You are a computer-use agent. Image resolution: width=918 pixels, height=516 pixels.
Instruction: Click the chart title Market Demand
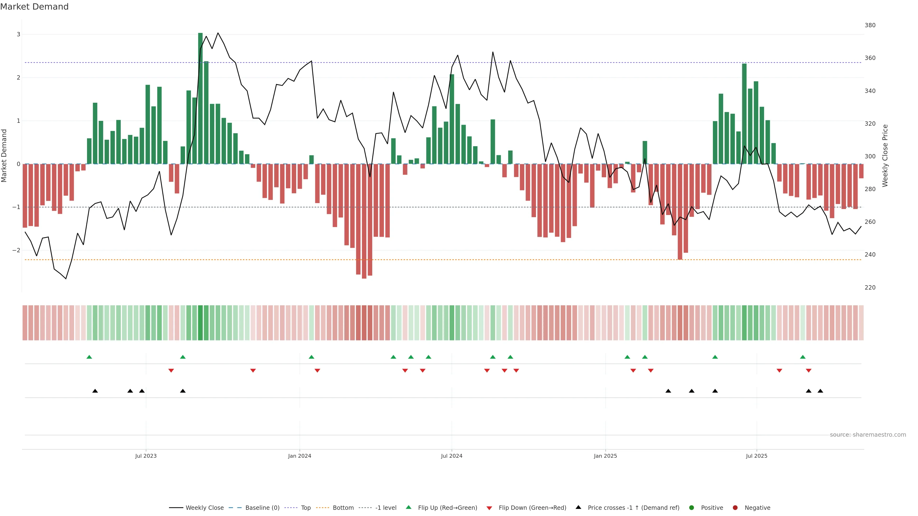click(x=34, y=7)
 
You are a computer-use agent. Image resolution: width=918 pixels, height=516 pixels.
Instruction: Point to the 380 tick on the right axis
click(x=870, y=25)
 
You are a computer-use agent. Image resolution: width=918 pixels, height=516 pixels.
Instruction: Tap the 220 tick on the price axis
click(x=870, y=287)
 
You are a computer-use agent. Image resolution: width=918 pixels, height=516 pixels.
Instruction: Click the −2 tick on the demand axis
click(x=16, y=250)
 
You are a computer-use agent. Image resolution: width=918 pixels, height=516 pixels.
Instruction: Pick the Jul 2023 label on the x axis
click(x=146, y=456)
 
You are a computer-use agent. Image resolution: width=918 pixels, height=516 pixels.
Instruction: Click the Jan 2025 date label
click(x=605, y=456)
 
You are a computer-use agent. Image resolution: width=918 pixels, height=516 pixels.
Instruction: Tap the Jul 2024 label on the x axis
click(x=452, y=456)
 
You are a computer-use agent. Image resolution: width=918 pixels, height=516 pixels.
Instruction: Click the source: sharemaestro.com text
click(x=868, y=435)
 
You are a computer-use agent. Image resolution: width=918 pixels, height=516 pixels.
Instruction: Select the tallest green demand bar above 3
click(x=200, y=98)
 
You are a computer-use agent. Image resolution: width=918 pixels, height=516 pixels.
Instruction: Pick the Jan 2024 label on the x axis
click(x=299, y=456)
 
